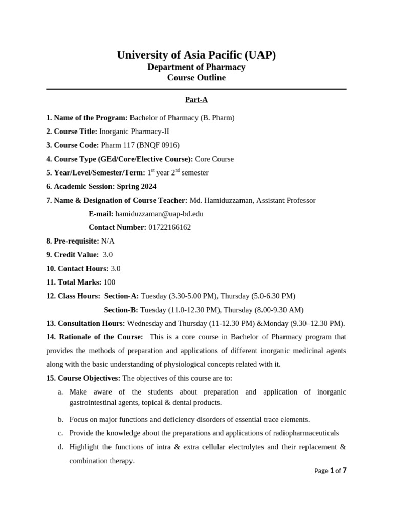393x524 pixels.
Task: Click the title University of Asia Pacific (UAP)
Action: point(196,55)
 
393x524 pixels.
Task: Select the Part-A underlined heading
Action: point(196,100)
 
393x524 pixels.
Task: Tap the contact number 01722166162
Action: point(169,227)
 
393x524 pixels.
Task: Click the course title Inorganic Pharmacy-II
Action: point(130,132)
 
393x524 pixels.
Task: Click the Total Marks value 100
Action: point(109,282)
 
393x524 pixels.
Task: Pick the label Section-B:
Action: point(121,310)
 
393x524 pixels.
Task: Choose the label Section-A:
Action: point(121,296)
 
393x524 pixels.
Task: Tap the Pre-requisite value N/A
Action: point(108,241)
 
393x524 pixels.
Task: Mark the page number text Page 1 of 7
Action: point(330,471)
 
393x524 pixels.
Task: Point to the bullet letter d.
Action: point(60,447)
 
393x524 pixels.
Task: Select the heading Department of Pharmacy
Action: point(196,67)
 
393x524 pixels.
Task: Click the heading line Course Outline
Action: point(196,78)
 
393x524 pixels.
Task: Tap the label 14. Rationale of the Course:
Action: point(95,337)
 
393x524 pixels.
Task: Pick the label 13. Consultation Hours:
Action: point(85,323)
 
